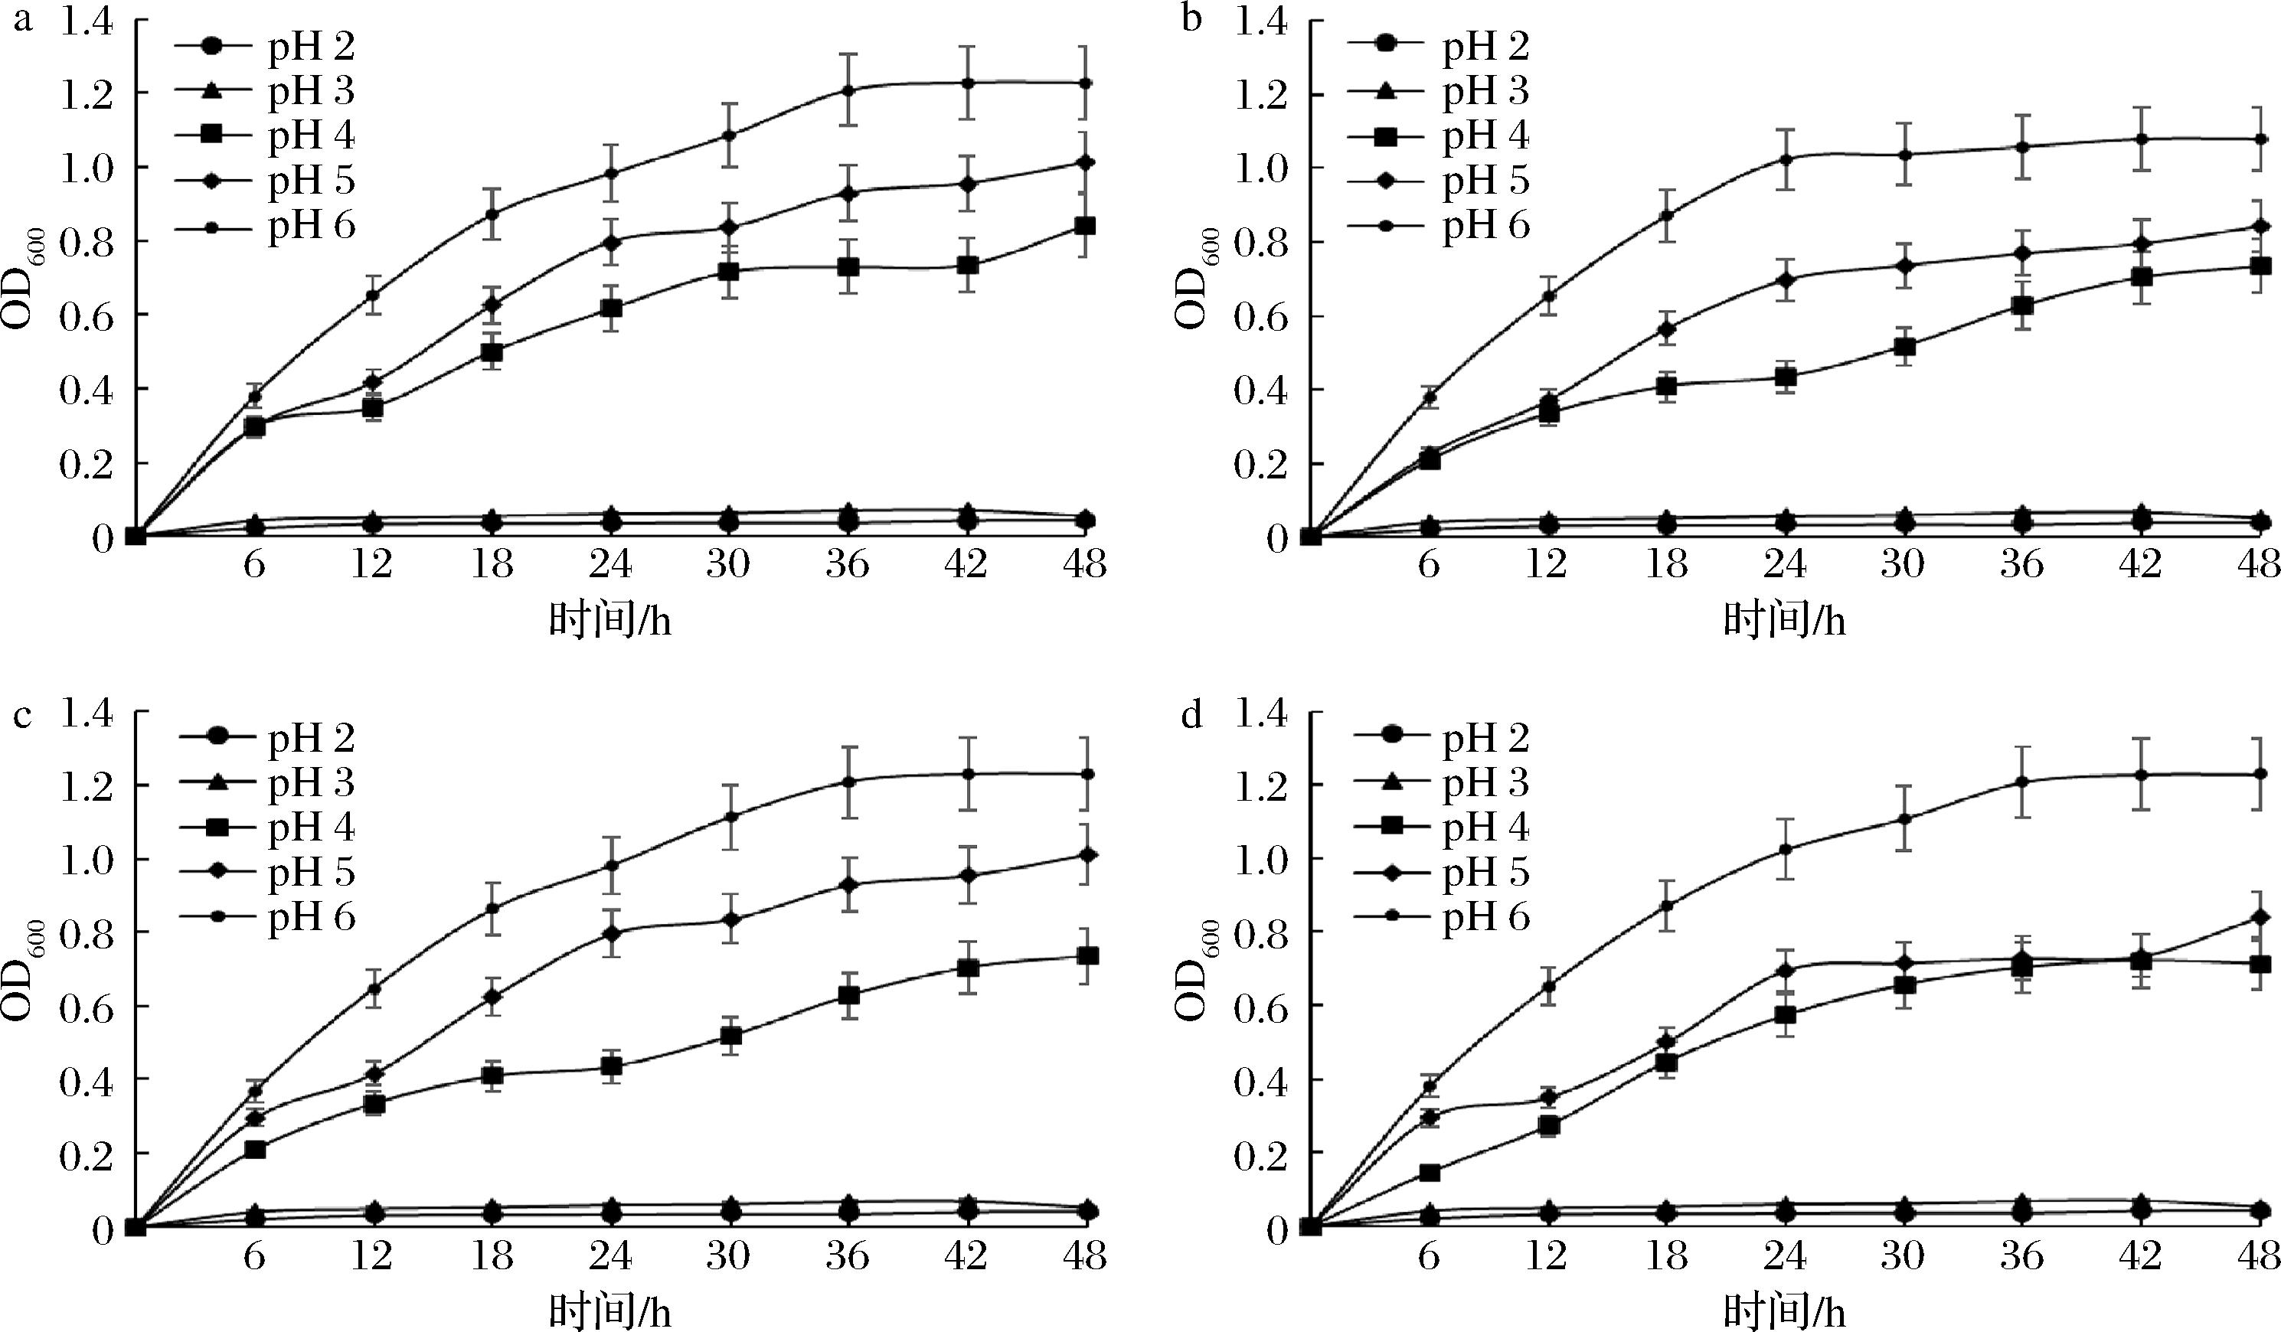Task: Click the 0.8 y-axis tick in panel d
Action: coord(1262,933)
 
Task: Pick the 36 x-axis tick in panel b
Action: coord(2021,565)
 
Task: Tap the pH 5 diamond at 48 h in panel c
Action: coord(1087,854)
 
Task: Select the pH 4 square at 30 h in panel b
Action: coord(1904,347)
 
